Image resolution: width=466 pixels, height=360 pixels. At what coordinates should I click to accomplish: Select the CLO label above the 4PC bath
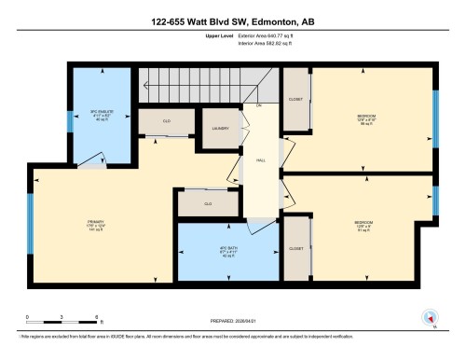click(209, 202)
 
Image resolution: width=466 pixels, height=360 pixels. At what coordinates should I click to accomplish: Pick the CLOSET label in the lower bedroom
click(295, 248)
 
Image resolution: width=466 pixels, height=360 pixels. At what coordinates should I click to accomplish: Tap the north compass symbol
click(431, 319)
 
